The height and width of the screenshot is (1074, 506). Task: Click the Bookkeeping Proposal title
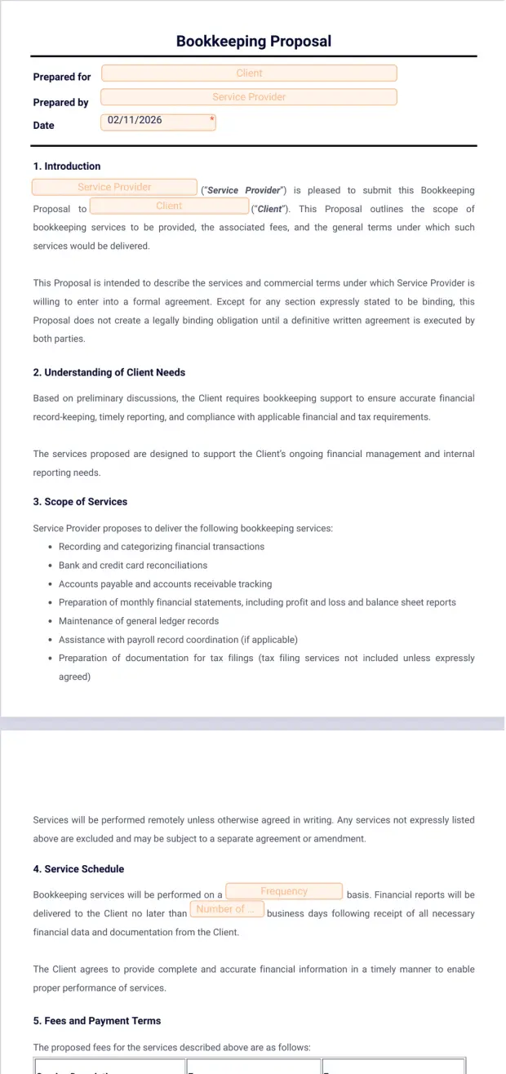253,42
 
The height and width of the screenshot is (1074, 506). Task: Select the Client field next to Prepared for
249,73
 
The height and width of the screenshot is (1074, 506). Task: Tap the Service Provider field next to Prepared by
249,97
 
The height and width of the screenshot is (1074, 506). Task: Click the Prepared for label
62,77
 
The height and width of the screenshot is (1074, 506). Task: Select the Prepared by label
60,103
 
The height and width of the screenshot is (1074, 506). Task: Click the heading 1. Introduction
67,166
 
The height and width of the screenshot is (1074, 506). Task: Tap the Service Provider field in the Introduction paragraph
114,188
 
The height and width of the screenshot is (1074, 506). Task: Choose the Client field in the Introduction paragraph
169,206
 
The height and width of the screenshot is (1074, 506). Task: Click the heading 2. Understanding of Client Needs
109,373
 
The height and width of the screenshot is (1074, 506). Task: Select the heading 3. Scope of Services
80,502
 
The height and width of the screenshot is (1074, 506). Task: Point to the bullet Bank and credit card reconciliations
133,566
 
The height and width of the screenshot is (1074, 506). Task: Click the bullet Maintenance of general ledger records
139,621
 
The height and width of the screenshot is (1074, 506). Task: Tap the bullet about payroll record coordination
178,640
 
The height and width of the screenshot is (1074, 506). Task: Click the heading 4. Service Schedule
78,869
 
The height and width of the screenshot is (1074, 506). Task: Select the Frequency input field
284,892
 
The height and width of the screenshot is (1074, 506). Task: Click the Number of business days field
226,909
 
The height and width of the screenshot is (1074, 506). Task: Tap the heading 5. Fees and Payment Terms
97,1021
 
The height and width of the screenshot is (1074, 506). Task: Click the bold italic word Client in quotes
269,209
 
